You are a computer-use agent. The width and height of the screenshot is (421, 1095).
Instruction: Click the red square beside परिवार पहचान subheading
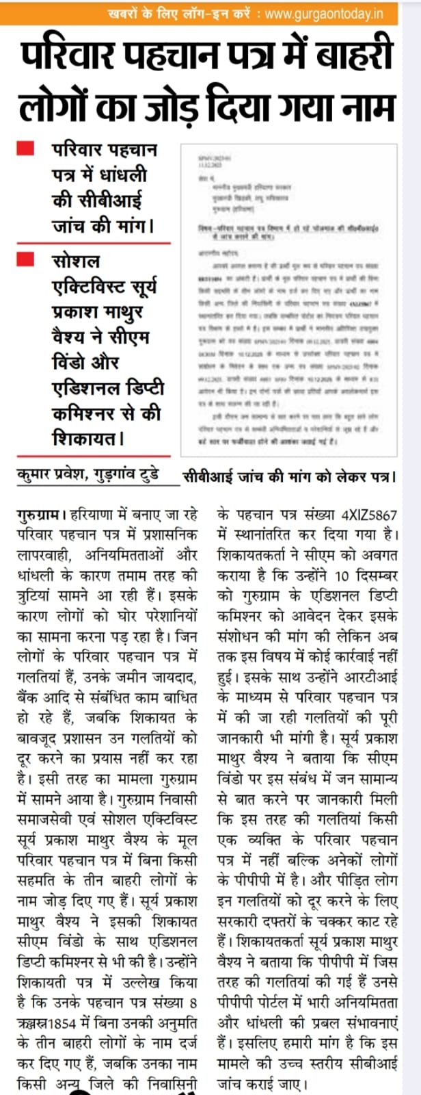[25, 148]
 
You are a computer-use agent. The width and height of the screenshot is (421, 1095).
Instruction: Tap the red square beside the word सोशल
[25, 259]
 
